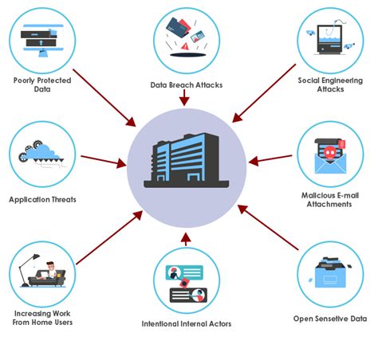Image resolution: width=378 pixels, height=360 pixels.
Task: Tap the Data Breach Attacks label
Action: click(185, 84)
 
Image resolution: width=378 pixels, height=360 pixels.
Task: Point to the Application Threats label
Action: click(43, 199)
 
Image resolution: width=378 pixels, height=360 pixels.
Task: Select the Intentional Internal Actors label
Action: click(185, 324)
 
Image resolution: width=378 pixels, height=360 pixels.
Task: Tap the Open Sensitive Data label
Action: click(329, 319)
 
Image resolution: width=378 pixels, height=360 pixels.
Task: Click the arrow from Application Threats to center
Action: click(104, 162)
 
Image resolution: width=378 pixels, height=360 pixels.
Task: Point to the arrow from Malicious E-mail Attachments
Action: click(267, 160)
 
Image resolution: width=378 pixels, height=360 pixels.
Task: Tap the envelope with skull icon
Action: click(329, 155)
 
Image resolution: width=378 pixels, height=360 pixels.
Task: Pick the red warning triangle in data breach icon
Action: click(185, 46)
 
